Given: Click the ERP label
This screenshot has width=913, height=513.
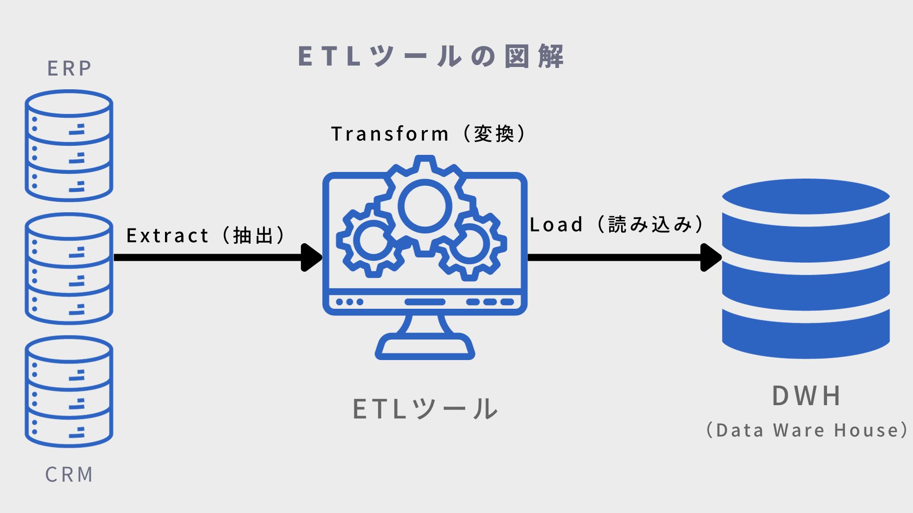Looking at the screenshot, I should (x=69, y=69).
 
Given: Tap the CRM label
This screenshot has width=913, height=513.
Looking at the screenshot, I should (x=69, y=475).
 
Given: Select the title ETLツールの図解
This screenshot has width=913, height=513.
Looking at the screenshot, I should (x=431, y=57).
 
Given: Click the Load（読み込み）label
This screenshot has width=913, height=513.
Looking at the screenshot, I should (x=617, y=225).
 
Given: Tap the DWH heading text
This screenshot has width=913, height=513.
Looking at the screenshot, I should (x=806, y=396).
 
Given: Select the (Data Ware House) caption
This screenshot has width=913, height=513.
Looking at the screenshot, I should (x=806, y=430).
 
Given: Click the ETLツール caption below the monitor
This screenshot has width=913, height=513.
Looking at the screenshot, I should (x=425, y=409).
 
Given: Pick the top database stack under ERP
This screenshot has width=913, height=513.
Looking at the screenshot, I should (x=69, y=146).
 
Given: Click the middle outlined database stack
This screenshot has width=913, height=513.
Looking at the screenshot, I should (x=69, y=268).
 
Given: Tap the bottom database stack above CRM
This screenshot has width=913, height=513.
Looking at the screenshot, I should (x=69, y=391).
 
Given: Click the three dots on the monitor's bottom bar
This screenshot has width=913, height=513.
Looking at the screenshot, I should (x=350, y=302).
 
